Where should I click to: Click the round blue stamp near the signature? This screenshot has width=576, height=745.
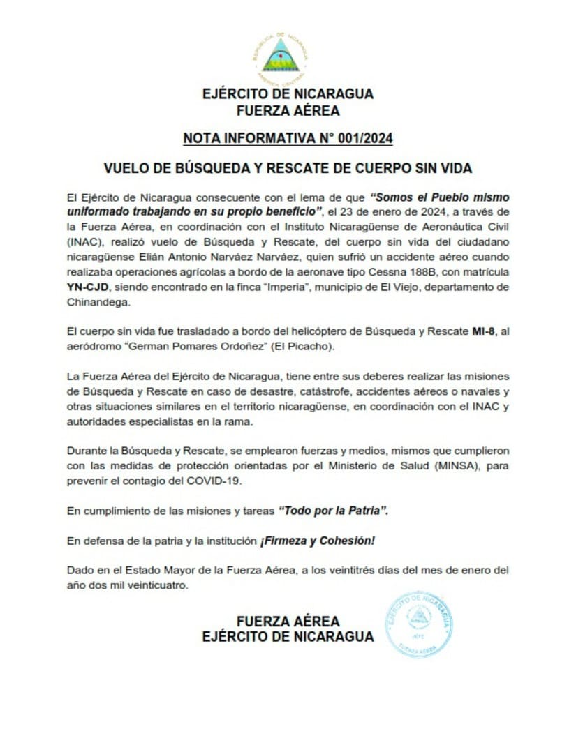[x=419, y=624]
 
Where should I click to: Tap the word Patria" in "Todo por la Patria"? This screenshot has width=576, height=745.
[x=367, y=511]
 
